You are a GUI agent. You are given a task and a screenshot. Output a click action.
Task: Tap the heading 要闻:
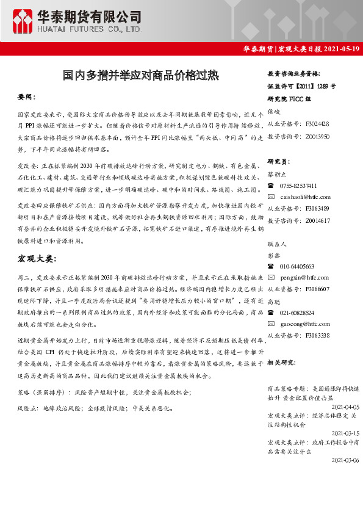27,97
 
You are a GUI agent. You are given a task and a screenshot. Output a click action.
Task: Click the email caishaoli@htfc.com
305,197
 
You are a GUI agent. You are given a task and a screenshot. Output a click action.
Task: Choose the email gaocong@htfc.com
304,324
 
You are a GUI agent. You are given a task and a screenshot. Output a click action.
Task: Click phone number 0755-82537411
298,186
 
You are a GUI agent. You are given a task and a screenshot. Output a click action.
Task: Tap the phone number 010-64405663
297,266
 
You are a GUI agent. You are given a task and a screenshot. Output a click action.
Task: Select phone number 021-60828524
298,313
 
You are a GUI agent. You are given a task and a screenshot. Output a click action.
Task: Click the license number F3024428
317,123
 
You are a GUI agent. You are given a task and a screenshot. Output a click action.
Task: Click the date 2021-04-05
345,406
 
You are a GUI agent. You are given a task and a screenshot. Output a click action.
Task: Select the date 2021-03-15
345,432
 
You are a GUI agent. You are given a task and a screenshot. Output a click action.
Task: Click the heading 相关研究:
281,361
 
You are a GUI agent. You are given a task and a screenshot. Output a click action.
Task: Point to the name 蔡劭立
278,173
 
